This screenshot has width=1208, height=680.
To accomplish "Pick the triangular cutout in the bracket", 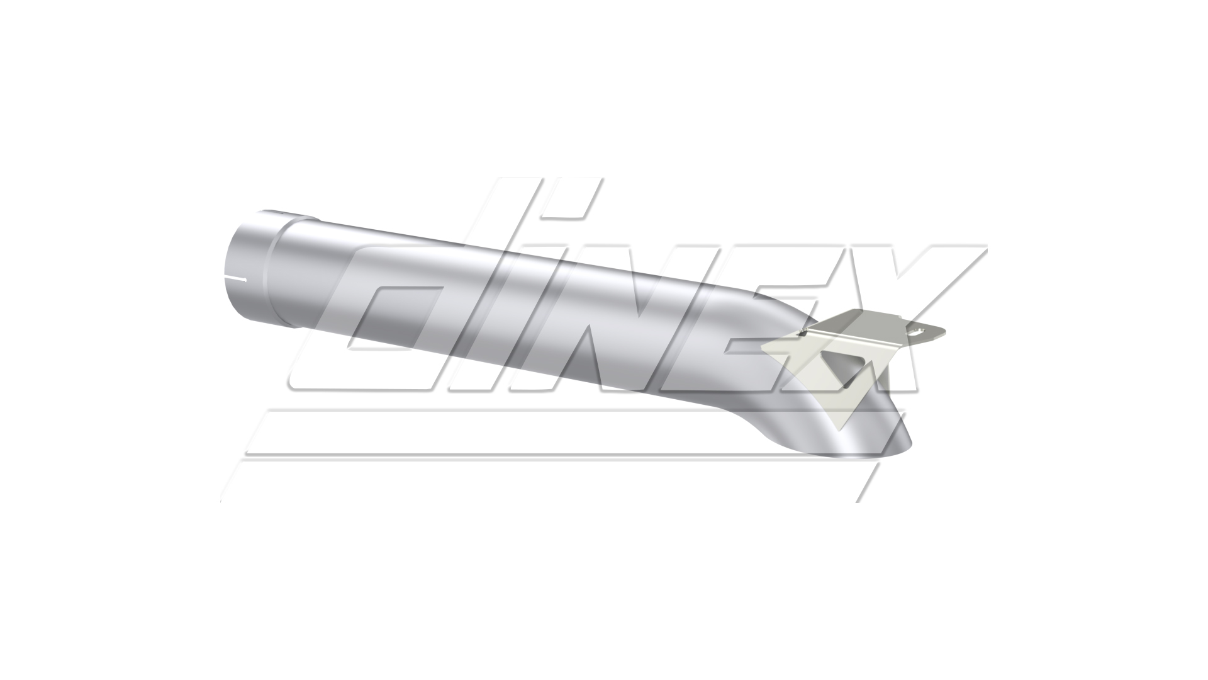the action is coord(834,371).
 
